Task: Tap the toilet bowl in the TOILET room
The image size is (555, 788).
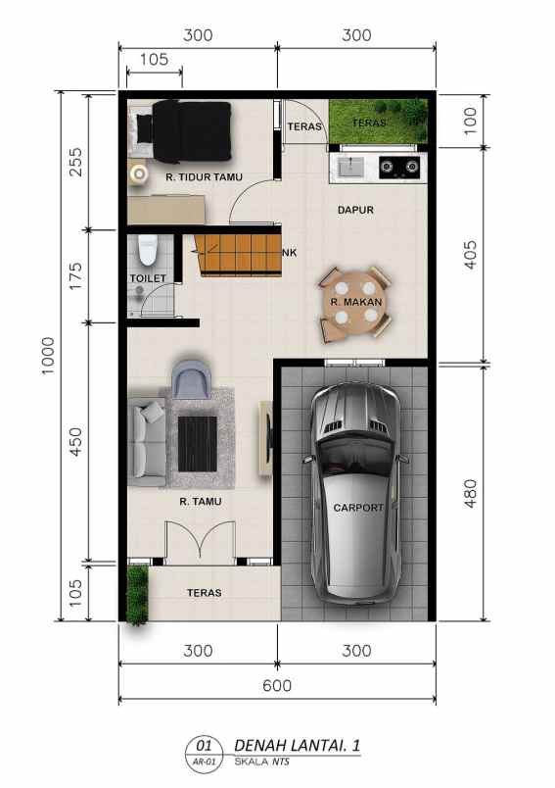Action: tap(148, 251)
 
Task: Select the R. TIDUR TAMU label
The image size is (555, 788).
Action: tap(204, 177)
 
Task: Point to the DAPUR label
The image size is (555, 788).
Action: tap(355, 210)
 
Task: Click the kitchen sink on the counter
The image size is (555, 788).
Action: tap(349, 167)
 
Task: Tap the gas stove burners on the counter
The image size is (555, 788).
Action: tap(398, 167)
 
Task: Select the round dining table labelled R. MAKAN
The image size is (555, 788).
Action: tap(354, 302)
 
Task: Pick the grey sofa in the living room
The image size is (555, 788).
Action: tap(147, 442)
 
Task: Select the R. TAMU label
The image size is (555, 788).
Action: tap(200, 502)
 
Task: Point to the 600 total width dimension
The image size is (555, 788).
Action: tap(277, 686)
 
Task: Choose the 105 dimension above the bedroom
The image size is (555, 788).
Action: tap(155, 59)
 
